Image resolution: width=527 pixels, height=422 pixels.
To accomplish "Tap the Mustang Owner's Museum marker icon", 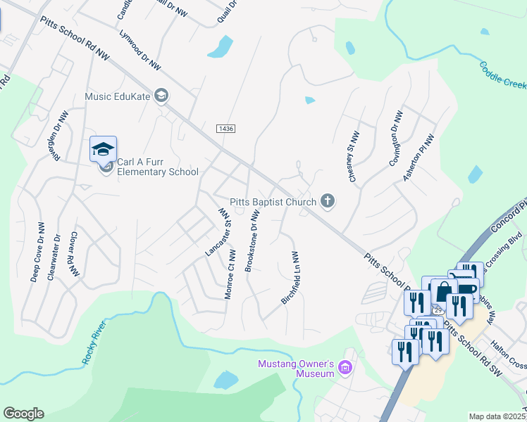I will pyautogui.click(x=345, y=367).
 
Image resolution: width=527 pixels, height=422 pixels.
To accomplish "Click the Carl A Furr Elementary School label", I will pyautogui.click(x=158, y=167).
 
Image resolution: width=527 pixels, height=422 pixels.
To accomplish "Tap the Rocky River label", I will pyautogui.click(x=94, y=342).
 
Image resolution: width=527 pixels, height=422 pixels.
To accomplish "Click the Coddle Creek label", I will pyautogui.click(x=503, y=75).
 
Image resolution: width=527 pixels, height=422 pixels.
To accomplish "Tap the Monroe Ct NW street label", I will pyautogui.click(x=229, y=274).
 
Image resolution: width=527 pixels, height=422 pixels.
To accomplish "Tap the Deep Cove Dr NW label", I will pyautogui.click(x=36, y=258).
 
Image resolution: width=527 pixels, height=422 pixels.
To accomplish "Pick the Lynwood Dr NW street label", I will pyautogui.click(x=140, y=51).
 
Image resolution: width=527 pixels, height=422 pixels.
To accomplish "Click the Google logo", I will pyautogui.click(x=23, y=413).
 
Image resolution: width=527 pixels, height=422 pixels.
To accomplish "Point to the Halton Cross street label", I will pyautogui.click(x=508, y=362).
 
